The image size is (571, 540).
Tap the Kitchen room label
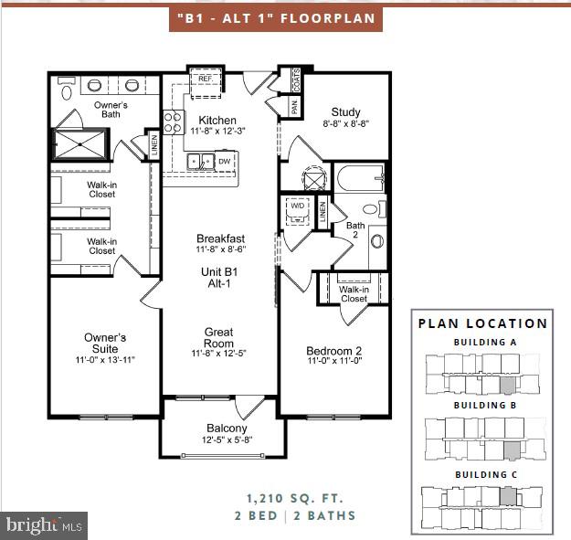click(x=217, y=120)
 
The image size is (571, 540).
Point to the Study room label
click(x=346, y=112)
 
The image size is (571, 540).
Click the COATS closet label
click(x=296, y=79)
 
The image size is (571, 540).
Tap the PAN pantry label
click(x=295, y=107)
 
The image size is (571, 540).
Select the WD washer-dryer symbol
click(x=297, y=206)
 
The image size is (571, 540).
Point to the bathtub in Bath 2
click(x=363, y=178)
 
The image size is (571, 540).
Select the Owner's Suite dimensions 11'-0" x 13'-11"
click(x=105, y=361)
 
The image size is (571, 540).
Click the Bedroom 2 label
click(x=333, y=350)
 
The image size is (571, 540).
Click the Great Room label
click(x=218, y=338)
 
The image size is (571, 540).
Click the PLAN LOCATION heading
click(x=482, y=323)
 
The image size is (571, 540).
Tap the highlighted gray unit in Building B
click(x=513, y=449)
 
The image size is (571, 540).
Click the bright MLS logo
click(x=44, y=525)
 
